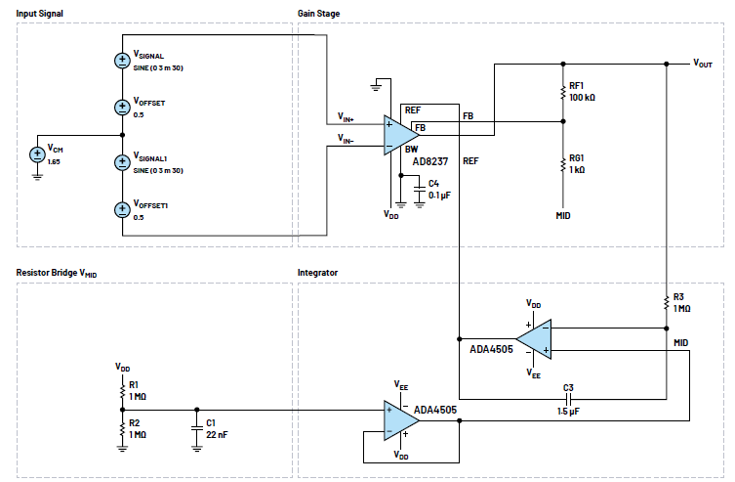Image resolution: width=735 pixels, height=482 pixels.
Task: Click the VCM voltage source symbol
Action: point(37,153)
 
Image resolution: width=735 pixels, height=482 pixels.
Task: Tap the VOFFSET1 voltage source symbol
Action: point(121,208)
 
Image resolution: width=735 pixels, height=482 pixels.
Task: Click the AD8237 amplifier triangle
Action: point(399,132)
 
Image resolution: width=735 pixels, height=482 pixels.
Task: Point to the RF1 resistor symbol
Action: point(562,93)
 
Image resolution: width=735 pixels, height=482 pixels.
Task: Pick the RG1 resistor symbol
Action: point(562,162)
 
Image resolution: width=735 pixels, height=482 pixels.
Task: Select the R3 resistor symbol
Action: point(666,302)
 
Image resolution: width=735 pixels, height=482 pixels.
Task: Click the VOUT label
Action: point(703,63)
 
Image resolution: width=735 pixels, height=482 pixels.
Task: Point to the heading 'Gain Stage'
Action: point(319,14)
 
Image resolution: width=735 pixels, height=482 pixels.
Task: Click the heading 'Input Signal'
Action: point(42,14)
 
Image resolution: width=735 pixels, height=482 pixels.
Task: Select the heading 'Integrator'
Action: point(318,272)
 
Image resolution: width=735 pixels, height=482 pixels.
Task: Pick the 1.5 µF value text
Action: point(567,413)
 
